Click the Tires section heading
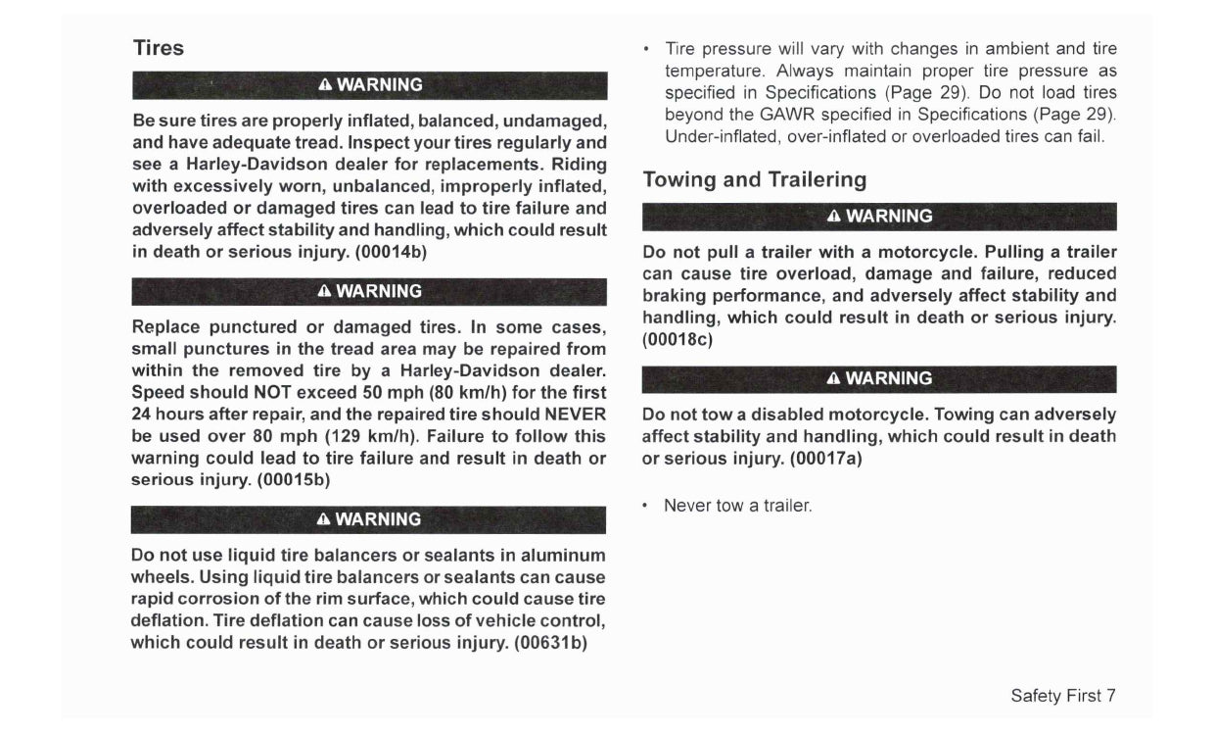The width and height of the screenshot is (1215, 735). (x=158, y=48)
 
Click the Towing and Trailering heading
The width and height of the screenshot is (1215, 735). (x=754, y=179)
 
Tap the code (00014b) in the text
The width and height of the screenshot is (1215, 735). (x=391, y=251)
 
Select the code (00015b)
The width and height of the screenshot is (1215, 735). (x=294, y=480)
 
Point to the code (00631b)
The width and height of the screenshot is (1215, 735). (x=549, y=643)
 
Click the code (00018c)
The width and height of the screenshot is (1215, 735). (x=677, y=340)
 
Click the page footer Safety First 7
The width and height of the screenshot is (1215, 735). (x=1062, y=696)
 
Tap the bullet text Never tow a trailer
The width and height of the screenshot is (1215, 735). (x=737, y=506)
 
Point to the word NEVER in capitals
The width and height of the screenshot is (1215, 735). (x=575, y=415)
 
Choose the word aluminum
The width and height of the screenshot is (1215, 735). (x=562, y=555)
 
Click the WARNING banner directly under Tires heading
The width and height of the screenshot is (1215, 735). (x=369, y=85)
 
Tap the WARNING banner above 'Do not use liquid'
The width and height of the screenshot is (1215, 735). (x=369, y=519)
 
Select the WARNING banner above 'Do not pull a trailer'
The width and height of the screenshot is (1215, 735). (x=879, y=216)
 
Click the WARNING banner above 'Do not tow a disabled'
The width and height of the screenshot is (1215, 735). (x=879, y=378)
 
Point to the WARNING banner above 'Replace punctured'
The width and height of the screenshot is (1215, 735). (x=369, y=291)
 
